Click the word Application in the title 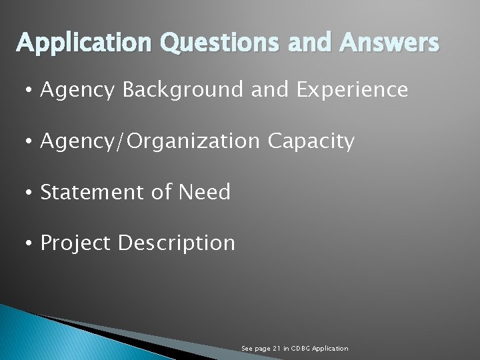pos(85,43)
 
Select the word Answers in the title pos(389,43)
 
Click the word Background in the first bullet pos(183,90)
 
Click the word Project pos(76,243)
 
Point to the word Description pos(176,243)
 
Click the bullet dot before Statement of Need pos(31,193)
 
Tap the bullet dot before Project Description pos(31,244)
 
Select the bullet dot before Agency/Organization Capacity pos(31,141)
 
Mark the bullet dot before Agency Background pos(31,90)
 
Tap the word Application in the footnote pos(331,349)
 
